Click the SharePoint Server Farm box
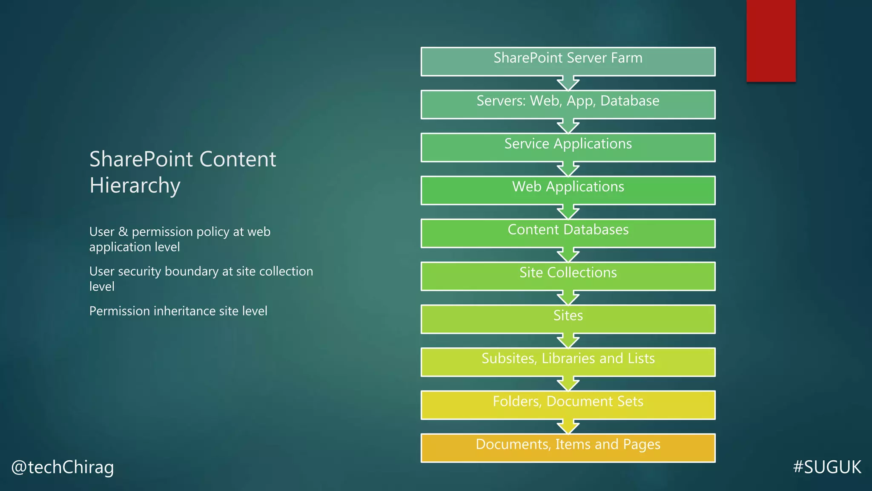coord(568,62)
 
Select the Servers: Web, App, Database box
coord(568,104)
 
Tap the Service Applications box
coord(568,147)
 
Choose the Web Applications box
coord(568,191)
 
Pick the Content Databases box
coord(568,234)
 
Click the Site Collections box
coord(568,276)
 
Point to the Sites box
coord(568,319)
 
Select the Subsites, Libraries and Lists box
coord(568,362)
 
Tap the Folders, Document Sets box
coord(568,405)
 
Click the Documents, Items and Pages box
coord(568,448)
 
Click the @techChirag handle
coord(63,467)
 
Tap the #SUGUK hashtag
coord(827,467)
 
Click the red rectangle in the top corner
coord(771,40)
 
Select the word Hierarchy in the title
coord(135,185)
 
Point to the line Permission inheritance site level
coord(178,311)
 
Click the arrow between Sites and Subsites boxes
coord(568,341)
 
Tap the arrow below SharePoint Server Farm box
coord(568,83)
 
